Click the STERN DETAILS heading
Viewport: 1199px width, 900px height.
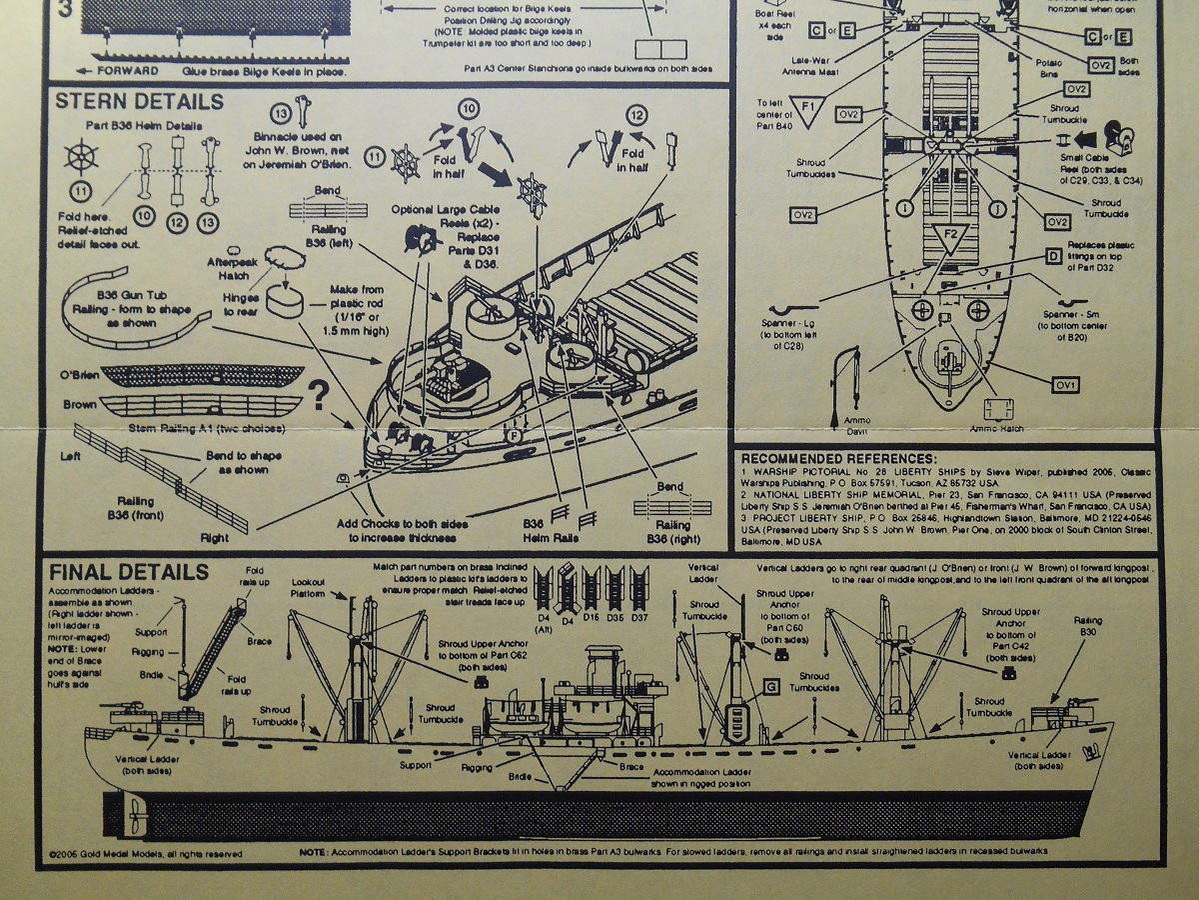point(139,102)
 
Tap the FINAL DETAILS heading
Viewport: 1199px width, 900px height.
point(129,572)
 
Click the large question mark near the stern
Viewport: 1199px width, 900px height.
point(320,397)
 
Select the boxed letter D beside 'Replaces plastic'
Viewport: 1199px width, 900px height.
point(1053,257)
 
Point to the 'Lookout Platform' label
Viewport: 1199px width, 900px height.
point(308,587)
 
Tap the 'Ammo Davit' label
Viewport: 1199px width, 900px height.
point(857,425)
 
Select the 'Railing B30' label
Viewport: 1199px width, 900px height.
point(1089,626)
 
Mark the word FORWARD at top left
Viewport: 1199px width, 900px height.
point(127,71)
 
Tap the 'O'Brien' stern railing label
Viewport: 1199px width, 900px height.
point(80,375)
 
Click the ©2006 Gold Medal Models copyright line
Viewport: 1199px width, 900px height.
point(145,854)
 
